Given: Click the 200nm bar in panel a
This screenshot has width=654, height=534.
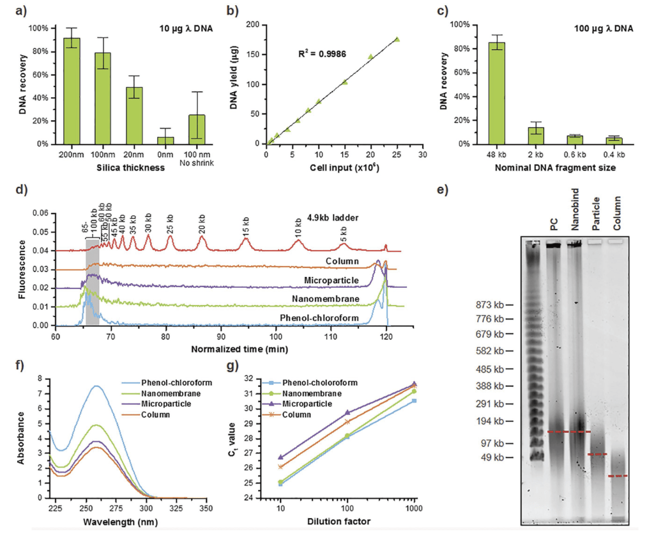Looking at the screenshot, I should [x=72, y=91].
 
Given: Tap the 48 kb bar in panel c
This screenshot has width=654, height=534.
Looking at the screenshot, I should [x=496, y=93].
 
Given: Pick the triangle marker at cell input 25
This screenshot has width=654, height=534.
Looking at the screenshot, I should [x=397, y=39].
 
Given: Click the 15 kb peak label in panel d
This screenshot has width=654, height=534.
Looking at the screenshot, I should [x=247, y=228].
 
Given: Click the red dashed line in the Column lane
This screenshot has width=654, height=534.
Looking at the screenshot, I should [x=618, y=476].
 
